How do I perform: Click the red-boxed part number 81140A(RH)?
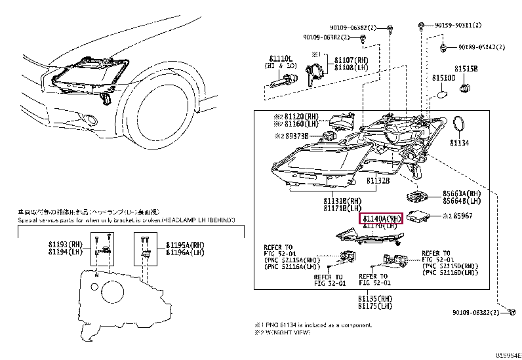click(x=383, y=218)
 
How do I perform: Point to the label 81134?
click(x=459, y=142)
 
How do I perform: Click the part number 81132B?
click(x=378, y=179)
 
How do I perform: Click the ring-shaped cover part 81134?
click(x=460, y=124)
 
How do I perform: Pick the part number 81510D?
click(x=443, y=78)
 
